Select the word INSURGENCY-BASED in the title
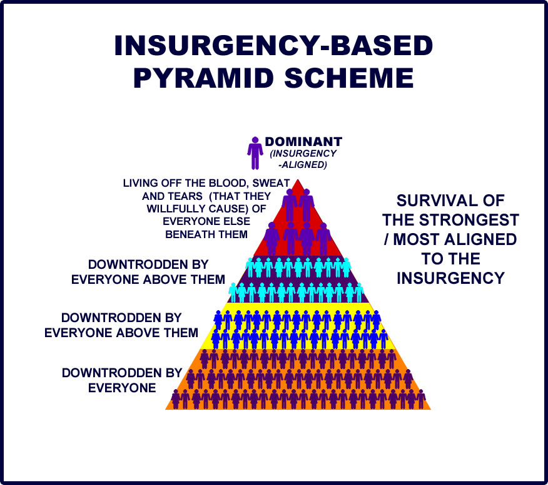click(x=273, y=47)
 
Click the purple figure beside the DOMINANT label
click(x=255, y=153)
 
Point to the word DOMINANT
click(x=303, y=142)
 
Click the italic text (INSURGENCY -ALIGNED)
click(x=303, y=159)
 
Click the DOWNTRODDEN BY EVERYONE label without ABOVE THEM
click(x=122, y=380)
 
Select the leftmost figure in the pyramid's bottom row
click(x=176, y=399)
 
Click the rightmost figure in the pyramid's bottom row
click(x=421, y=399)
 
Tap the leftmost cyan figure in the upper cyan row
click(x=250, y=268)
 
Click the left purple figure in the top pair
click(x=289, y=204)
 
